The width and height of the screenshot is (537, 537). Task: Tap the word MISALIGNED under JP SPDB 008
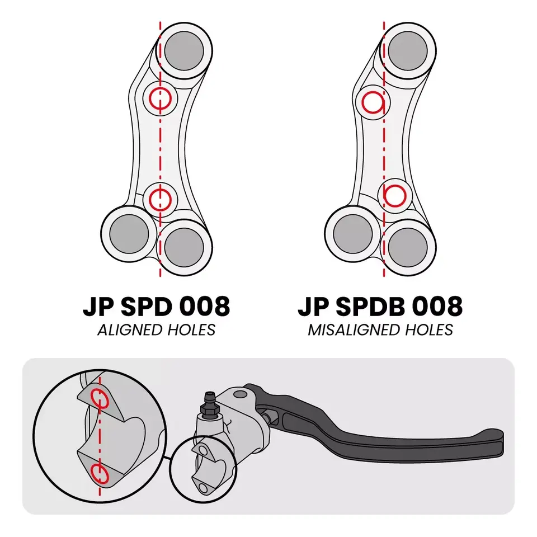point(347,330)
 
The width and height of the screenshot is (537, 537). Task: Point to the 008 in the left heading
point(204,307)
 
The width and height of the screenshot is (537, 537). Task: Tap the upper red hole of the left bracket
point(161,99)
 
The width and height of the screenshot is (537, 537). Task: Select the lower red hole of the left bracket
point(161,197)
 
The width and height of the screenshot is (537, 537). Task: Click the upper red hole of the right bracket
point(373,102)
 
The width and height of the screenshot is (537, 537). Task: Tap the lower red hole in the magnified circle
point(100,473)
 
